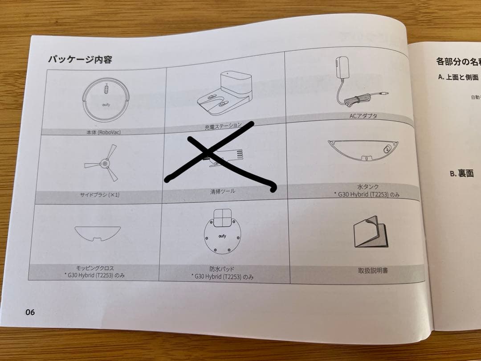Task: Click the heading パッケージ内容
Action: [80, 60]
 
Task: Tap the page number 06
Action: [30, 312]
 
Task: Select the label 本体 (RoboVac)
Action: [104, 132]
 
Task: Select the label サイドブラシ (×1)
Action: [99, 195]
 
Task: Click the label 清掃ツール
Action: [223, 192]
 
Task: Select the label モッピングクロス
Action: [95, 268]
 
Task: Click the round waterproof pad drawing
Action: [221, 234]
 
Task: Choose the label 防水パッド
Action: [222, 269]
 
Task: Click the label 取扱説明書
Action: [373, 270]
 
